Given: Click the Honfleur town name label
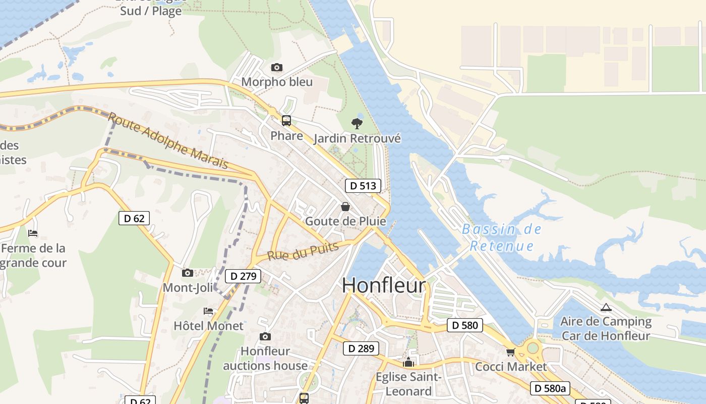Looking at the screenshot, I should tap(384, 285).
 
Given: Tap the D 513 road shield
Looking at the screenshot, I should tap(363, 186).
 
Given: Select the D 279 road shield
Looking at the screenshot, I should tap(244, 276).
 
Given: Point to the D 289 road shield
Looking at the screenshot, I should tap(361, 348).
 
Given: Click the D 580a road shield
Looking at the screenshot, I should tap(550, 388).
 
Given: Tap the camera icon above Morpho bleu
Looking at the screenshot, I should tap(276, 68).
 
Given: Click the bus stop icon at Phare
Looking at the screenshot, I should tap(286, 121).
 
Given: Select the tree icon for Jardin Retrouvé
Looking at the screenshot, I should tap(357, 123).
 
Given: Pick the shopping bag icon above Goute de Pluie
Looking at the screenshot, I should tap(345, 207).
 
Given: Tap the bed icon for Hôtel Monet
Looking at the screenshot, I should tap(208, 311).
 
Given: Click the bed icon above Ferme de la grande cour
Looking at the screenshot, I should tap(33, 233).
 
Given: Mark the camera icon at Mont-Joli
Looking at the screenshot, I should tap(188, 273).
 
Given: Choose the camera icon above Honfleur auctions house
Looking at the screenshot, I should tap(265, 336).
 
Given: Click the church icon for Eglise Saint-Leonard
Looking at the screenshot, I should tap(408, 362).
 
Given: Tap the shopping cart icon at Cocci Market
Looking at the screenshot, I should tap(510, 352).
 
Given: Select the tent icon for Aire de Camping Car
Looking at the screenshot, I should tap(606, 307).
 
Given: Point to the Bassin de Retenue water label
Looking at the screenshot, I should tap(501, 237).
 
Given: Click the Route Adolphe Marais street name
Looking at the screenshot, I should tap(168, 141).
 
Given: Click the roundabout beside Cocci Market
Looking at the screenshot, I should tap(533, 348).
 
